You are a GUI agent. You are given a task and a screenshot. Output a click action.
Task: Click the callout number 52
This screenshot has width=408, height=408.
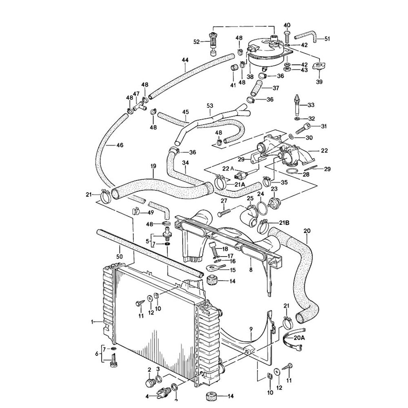[196, 42]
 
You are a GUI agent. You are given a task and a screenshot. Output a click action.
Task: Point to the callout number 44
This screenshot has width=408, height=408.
[185, 60]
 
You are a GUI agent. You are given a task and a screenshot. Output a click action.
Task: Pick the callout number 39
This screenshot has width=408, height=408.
[319, 82]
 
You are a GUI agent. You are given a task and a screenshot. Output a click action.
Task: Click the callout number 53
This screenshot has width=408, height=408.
[210, 106]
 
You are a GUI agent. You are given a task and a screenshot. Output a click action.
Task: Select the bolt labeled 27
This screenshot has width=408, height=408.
[224, 212]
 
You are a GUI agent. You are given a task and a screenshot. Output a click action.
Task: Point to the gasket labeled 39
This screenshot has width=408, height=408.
[319, 67]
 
